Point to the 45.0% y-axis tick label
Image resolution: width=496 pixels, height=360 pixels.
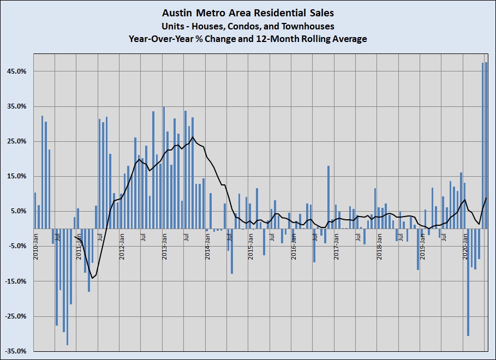click(16, 71)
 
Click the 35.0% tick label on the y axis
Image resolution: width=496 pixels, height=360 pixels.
click(16, 106)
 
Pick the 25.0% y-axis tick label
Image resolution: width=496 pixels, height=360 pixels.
click(16, 141)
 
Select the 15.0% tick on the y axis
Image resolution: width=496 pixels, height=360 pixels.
click(16, 176)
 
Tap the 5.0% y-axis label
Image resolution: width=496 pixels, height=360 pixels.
click(18, 211)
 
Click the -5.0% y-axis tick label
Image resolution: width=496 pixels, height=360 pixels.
click(17, 246)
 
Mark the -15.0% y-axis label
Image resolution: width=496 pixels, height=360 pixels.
click(15, 281)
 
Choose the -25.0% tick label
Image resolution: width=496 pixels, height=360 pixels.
click(15, 316)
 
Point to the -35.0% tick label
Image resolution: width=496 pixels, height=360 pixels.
click(15, 351)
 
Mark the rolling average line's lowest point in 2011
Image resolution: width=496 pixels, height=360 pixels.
click(92, 278)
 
